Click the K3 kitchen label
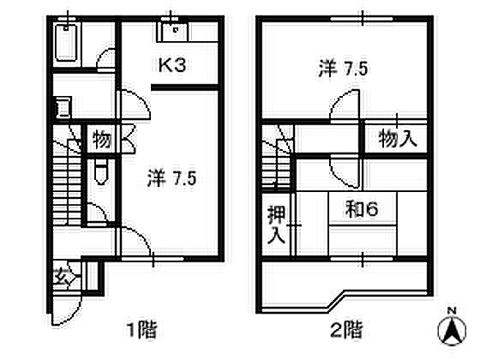172,65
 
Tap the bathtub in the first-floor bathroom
65,43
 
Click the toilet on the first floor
101,172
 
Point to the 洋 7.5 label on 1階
171,178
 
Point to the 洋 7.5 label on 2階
343,69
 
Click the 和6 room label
362,210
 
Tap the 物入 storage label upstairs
398,139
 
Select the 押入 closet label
276,225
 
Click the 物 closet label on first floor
102,139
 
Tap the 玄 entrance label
62,277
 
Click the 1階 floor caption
141,329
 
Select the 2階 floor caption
347,329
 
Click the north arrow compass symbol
452,331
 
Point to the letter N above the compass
452,311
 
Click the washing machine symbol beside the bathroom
63,107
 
